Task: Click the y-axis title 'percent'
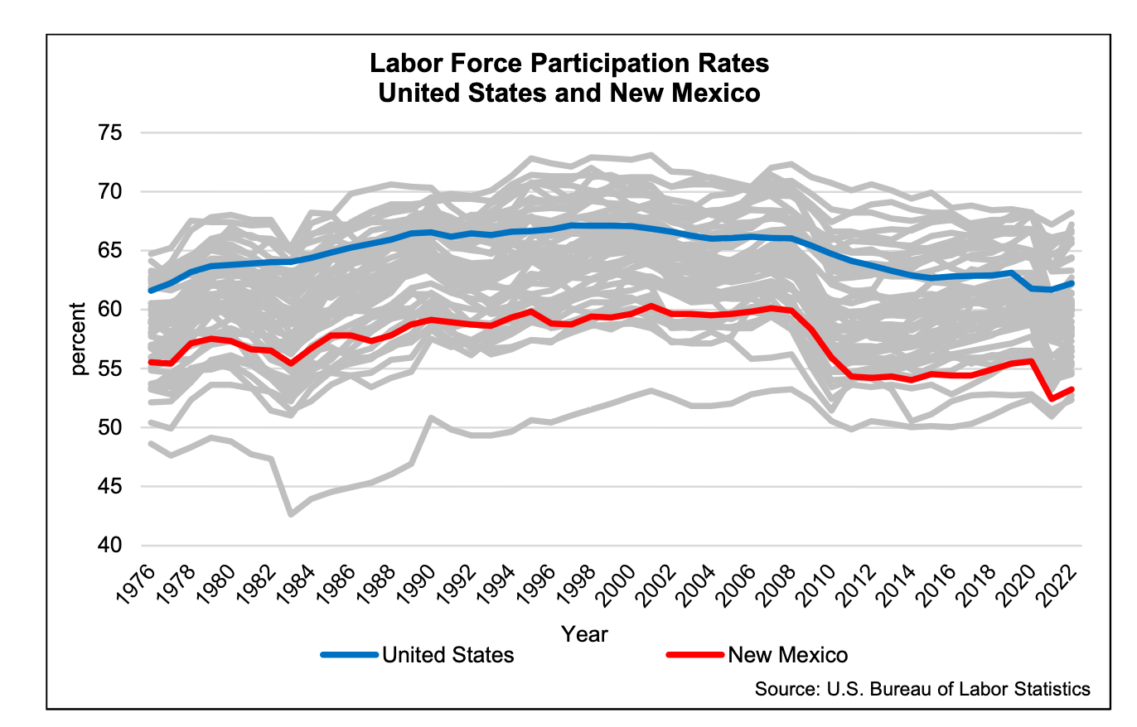coord(80,339)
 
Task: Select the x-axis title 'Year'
coord(584,634)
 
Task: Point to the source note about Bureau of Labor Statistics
coord(922,690)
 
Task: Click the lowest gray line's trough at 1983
coord(291,515)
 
